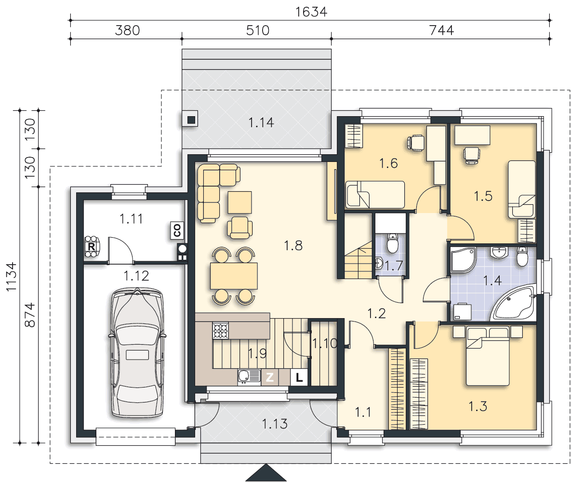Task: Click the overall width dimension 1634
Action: pyautogui.click(x=311, y=12)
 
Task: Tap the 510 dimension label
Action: pyautogui.click(x=257, y=30)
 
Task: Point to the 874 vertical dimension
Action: pyautogui.click(x=30, y=315)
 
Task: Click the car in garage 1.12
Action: pyautogui.click(x=137, y=352)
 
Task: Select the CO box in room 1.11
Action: pyautogui.click(x=177, y=230)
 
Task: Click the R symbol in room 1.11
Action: pyautogui.click(x=92, y=247)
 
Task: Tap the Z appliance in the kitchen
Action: pyautogui.click(x=269, y=377)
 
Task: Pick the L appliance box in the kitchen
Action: pyautogui.click(x=299, y=377)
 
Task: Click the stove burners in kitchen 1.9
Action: pyautogui.click(x=221, y=331)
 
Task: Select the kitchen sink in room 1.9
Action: pyautogui.click(x=249, y=377)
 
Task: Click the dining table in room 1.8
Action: pyautogui.click(x=234, y=276)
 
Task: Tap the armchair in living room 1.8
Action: pyautogui.click(x=239, y=228)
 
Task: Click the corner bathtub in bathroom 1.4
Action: pyautogui.click(x=514, y=303)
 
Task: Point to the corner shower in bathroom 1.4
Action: pyautogui.click(x=463, y=260)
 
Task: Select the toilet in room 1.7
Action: pyautogui.click(x=392, y=243)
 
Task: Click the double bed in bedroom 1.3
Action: pyautogui.click(x=488, y=356)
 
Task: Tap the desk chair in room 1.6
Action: pyautogui.click(x=415, y=142)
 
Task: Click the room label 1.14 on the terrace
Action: pyautogui.click(x=261, y=122)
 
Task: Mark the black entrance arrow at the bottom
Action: pyautogui.click(x=266, y=472)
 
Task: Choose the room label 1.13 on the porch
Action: pyautogui.click(x=275, y=424)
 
